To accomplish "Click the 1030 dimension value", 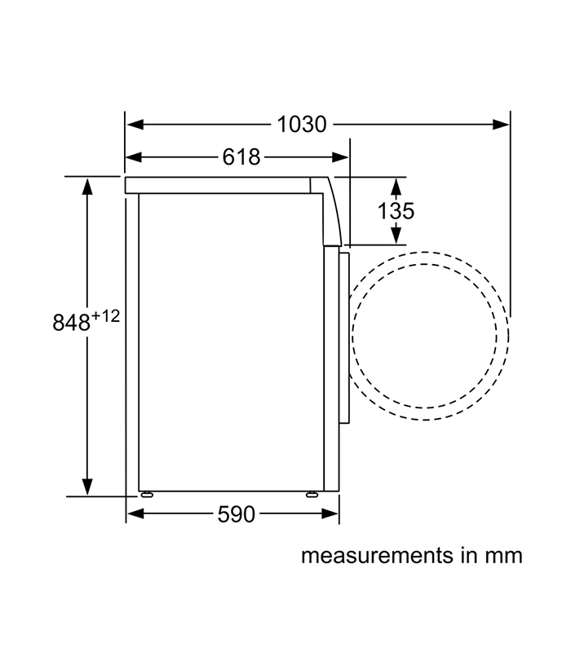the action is click(302, 125).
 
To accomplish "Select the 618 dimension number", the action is click(241, 157).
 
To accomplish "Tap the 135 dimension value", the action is click(396, 211).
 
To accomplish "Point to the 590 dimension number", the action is click(236, 514).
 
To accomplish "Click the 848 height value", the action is click(72, 322).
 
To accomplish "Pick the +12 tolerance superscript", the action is click(106, 316).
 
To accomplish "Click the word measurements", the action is click(377, 556).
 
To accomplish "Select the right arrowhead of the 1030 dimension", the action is click(500, 125).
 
